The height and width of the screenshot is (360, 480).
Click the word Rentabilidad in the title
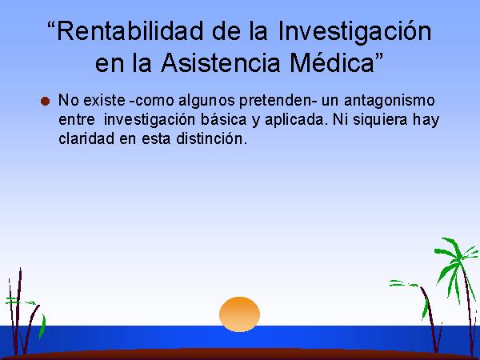pyautogui.click(x=130, y=30)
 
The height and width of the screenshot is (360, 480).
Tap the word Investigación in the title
pyautogui.click(x=354, y=32)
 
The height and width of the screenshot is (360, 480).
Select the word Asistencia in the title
pyautogui.click(x=220, y=62)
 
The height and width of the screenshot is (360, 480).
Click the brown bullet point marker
pyautogui.click(x=46, y=102)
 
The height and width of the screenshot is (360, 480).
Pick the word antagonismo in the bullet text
pyautogui.click(x=389, y=102)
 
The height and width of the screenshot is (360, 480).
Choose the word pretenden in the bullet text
pyautogui.click(x=274, y=102)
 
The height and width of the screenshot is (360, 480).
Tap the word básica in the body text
pyautogui.click(x=223, y=119)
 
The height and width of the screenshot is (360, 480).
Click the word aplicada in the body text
pyautogui.click(x=294, y=120)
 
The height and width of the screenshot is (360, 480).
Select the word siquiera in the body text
pyautogui.click(x=380, y=120)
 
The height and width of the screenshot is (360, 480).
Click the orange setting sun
pyautogui.click(x=240, y=314)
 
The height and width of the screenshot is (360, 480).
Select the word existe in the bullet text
pyautogui.click(x=104, y=101)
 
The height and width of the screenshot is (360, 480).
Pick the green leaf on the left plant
pyautogui.click(x=42, y=326)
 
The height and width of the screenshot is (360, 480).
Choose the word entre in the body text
pyautogui.click(x=77, y=120)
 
